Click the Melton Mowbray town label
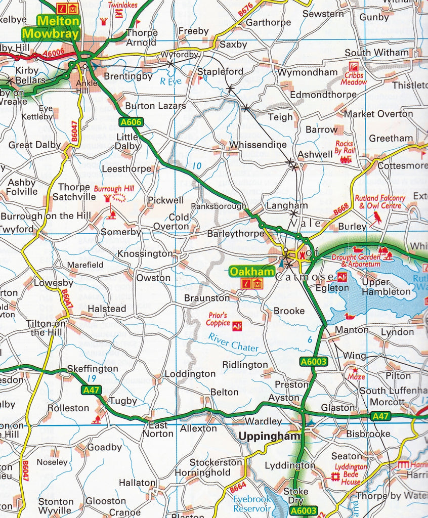coord(51,28)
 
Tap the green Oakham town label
coord(251,272)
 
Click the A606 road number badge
coord(131,122)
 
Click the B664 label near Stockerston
coord(237,488)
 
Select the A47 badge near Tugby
coord(91,390)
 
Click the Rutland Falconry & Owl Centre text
coord(380,202)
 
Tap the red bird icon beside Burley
coord(377,218)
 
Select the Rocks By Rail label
coord(344,147)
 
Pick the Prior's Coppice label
coord(217,319)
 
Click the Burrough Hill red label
coord(117,188)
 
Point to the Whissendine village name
coord(258,145)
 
